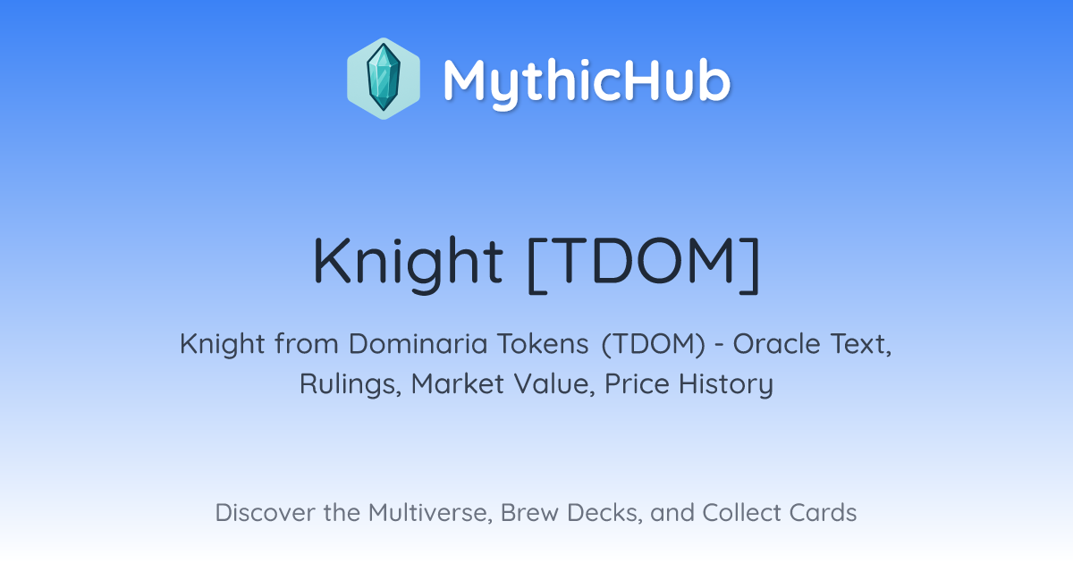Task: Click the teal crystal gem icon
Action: (384, 78)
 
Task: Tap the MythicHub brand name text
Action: (587, 81)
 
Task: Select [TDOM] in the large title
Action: (643, 264)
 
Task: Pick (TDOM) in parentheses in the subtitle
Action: (654, 344)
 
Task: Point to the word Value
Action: (554, 384)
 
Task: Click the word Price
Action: (637, 383)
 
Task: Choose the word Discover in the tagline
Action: (265, 512)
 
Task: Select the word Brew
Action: (529, 512)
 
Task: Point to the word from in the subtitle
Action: (307, 344)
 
